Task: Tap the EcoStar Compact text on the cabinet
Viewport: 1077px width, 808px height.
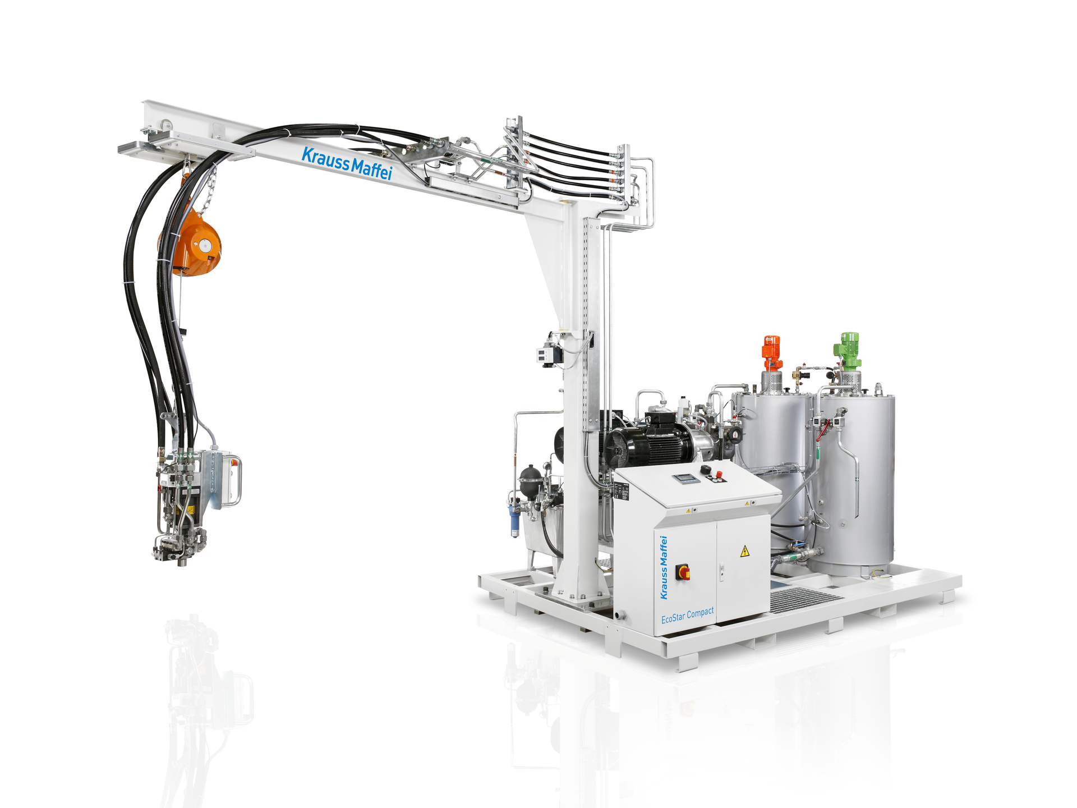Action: coord(687,616)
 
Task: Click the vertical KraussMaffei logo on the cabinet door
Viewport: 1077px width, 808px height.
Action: coord(664,567)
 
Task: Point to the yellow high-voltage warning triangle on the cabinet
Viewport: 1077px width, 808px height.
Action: coord(744,551)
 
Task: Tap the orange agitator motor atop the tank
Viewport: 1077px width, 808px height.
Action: coord(771,348)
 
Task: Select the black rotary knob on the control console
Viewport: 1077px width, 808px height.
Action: coord(705,469)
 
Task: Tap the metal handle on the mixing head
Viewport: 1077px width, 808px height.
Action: coord(236,481)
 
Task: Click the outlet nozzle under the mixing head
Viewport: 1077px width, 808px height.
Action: coord(181,561)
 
